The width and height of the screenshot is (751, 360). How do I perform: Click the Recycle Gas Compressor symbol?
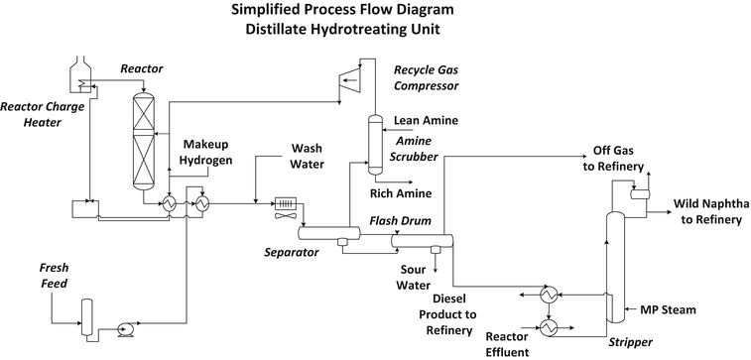[349, 82]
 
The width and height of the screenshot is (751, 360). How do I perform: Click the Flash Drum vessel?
[421, 239]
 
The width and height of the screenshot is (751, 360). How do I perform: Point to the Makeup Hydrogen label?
[206, 153]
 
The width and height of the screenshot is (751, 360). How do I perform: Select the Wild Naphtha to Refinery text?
[707, 212]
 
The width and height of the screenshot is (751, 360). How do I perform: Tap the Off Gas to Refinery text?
[612, 159]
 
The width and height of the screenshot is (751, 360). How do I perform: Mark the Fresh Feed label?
[53, 277]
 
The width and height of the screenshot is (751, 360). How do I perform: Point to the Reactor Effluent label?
[502, 343]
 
